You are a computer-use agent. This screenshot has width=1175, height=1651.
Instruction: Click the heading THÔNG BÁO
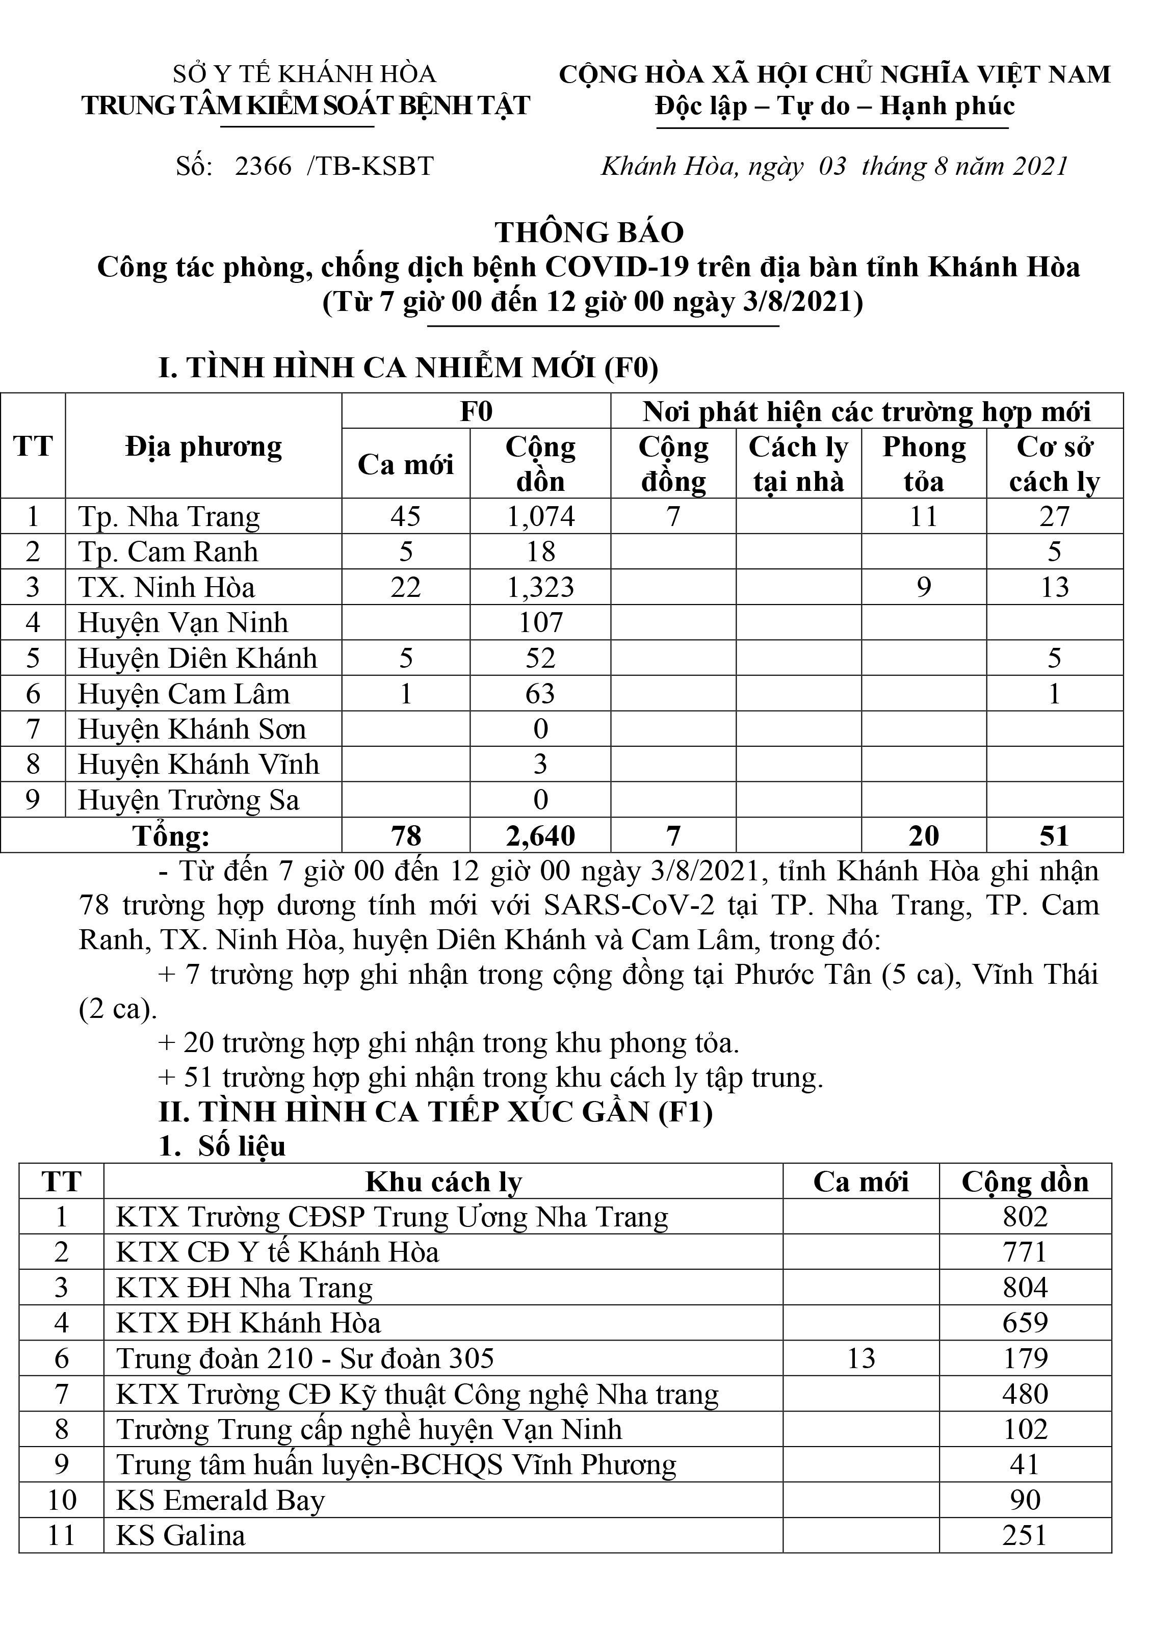589,233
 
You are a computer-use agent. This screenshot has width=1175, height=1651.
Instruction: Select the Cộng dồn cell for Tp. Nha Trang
540,516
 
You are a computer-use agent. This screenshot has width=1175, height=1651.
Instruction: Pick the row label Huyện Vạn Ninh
183,623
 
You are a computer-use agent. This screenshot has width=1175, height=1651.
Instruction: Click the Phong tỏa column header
924,464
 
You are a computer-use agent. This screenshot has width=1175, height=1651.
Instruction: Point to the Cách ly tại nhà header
798,464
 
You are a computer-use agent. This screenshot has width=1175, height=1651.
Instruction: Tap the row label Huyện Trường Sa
188,801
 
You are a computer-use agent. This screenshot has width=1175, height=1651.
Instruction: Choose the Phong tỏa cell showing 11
924,516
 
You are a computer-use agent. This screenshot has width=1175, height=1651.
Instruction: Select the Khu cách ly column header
443,1182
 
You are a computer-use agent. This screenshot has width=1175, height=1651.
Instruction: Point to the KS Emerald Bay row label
221,1501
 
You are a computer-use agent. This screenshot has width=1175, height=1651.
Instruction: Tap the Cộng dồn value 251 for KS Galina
1025,1536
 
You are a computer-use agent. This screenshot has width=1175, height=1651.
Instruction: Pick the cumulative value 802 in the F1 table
1025,1217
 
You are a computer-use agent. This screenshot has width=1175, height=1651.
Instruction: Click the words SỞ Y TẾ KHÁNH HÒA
304,74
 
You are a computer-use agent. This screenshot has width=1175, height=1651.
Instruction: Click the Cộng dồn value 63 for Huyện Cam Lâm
540,694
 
